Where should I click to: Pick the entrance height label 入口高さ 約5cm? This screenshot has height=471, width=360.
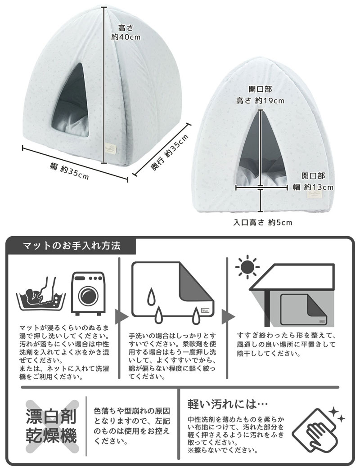pyautogui.click(x=263, y=222)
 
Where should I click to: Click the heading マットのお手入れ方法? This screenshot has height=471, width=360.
pyautogui.click(x=72, y=246)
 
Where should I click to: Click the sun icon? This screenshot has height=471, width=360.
pyautogui.click(x=247, y=268)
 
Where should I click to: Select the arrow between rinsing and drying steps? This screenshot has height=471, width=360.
pyautogui.click(x=229, y=317)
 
